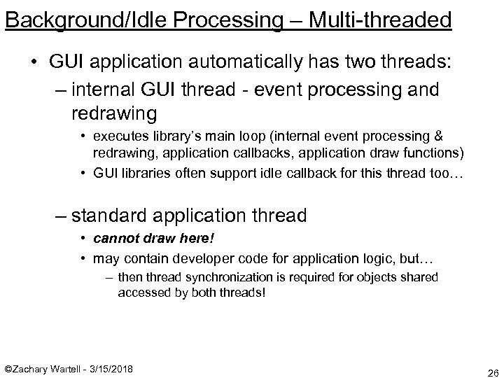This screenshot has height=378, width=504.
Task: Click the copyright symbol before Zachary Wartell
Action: coord(9,368)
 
